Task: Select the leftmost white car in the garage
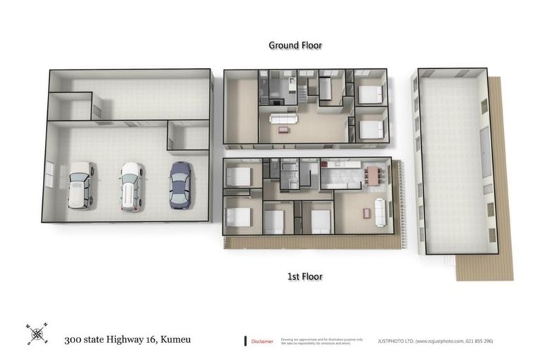coord(80,186)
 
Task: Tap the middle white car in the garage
coord(131,186)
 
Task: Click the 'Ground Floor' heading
coord(295,45)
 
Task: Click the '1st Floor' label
coord(304,276)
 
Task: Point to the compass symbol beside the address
coord(37,333)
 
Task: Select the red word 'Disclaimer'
coord(262,341)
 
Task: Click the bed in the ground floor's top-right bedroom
coord(369,94)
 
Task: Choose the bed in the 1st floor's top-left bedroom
coord(239,176)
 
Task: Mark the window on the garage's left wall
coord(49,175)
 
